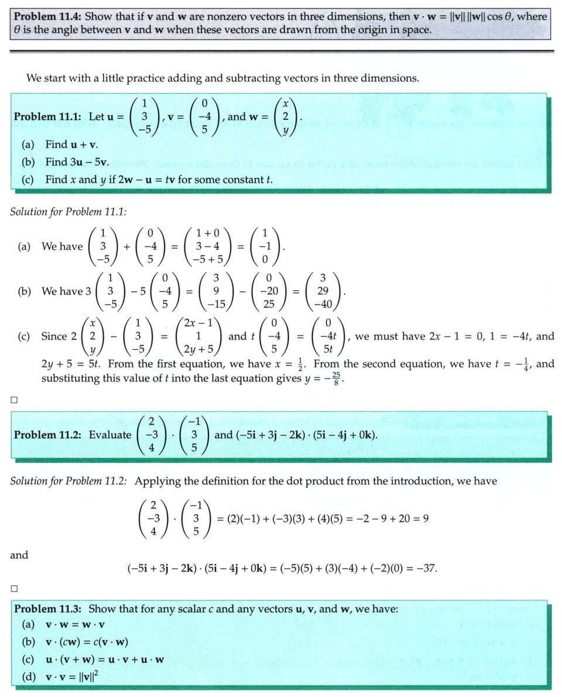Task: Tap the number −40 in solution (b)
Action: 322,304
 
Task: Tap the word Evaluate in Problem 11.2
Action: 110,435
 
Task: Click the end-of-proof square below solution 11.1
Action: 13,401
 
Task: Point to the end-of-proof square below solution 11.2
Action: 13,588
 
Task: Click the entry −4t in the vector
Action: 328,337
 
